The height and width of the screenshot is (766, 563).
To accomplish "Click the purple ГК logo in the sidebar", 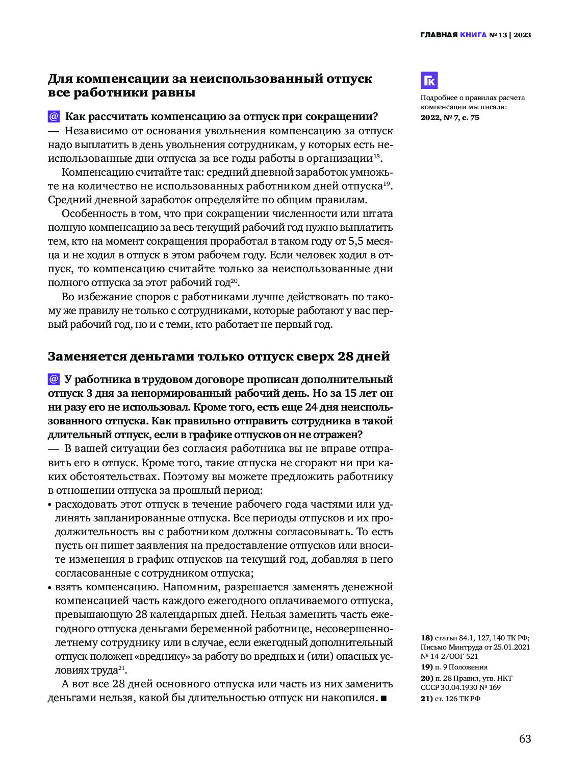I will coord(429,81).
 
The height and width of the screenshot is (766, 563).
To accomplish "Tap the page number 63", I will coord(525,739).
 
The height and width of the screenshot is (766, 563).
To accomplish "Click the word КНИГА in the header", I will coord(473,35).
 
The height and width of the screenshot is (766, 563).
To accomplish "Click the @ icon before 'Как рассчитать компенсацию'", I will coord(54,116).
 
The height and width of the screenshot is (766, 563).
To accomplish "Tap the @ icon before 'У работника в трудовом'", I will coord(54,379).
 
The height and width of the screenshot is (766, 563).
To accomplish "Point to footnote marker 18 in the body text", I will coord(376,156).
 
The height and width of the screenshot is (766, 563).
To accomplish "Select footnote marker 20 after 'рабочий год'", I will coord(235,281).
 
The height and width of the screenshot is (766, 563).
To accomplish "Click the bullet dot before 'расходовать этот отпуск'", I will coord(50,505).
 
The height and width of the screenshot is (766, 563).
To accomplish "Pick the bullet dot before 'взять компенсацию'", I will coord(50,588).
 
